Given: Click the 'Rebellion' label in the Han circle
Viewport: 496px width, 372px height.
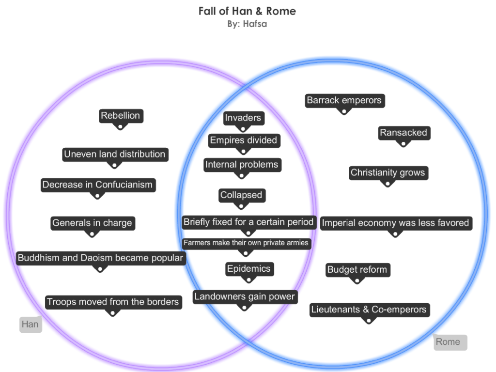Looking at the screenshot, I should click(121, 116).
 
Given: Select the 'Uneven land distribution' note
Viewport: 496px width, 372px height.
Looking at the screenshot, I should click(115, 155).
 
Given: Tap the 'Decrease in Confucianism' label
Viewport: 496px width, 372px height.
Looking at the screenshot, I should click(97, 185).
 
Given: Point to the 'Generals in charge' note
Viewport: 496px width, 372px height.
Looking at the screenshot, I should click(92, 223).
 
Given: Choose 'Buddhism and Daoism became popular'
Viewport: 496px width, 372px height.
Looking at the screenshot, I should click(100, 258).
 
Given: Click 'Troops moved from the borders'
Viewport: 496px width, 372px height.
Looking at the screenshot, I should click(113, 302).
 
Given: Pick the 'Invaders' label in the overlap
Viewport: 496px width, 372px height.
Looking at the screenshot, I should click(243, 118).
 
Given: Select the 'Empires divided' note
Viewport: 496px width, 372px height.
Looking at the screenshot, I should click(243, 140).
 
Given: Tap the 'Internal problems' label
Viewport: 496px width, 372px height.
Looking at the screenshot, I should click(242, 165).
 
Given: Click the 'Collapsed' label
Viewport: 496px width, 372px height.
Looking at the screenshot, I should click(241, 195).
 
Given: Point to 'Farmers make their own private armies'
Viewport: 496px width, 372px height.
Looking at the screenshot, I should click(246, 243).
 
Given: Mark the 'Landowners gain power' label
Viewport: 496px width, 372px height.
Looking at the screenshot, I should click(245, 297).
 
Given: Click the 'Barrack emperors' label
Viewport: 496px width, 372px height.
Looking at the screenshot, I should click(344, 101).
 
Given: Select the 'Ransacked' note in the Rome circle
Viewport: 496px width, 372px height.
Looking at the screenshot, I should click(403, 133).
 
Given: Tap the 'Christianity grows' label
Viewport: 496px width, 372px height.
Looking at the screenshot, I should click(387, 173).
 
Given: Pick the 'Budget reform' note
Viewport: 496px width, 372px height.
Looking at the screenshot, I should click(357, 270).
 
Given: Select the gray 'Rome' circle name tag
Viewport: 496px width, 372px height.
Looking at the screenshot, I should click(449, 342).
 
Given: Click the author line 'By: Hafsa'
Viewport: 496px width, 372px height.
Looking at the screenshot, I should click(247, 23).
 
